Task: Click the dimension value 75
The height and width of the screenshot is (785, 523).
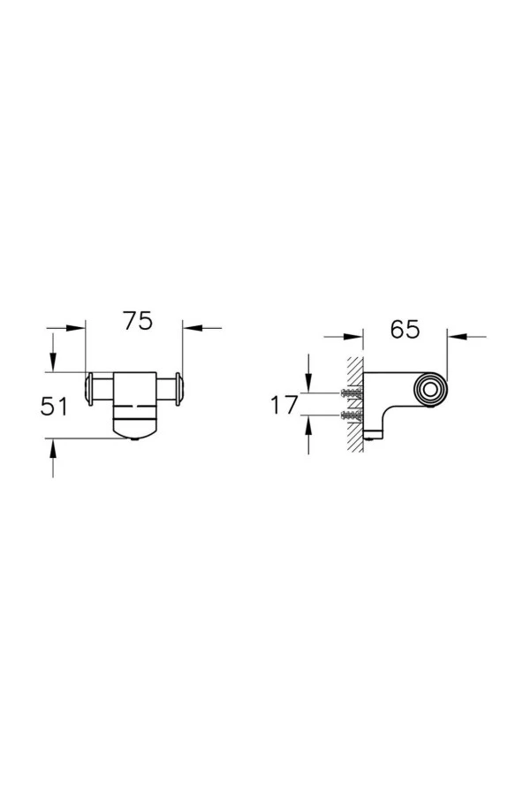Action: pos(138,322)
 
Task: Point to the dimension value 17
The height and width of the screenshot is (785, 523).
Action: pos(284,406)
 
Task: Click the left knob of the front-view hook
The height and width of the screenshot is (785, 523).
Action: pos(91,389)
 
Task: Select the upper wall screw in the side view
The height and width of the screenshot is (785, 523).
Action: pos(351,392)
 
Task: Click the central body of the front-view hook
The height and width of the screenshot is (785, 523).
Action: pos(134,398)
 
